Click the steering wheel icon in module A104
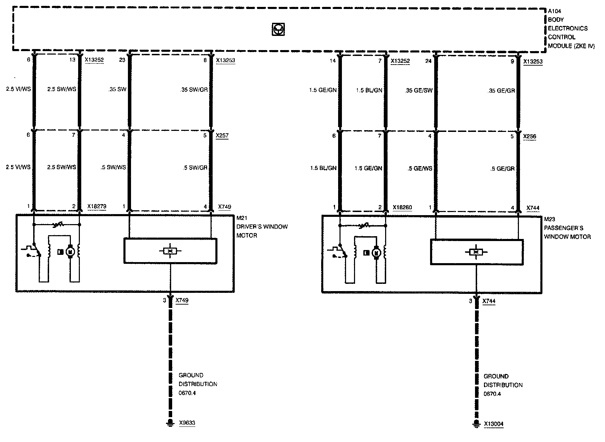[x=278, y=30]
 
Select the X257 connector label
[x=222, y=136]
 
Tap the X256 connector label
[x=530, y=136]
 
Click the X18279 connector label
[x=97, y=206]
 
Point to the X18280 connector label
[x=402, y=208]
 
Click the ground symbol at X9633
[x=170, y=423]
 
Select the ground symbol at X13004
[x=476, y=424]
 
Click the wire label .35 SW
[x=118, y=89]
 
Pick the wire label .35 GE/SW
[x=419, y=91]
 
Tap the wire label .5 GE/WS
[x=420, y=169]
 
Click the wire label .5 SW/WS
[x=113, y=167]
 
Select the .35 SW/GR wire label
[x=194, y=89]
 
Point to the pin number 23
[x=122, y=60]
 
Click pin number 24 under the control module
[x=429, y=61]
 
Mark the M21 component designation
[x=241, y=218]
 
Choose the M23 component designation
[x=549, y=219]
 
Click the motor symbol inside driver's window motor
[x=70, y=252]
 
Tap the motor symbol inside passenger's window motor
[x=376, y=253]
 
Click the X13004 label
[x=494, y=424]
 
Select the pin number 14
[x=333, y=61]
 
